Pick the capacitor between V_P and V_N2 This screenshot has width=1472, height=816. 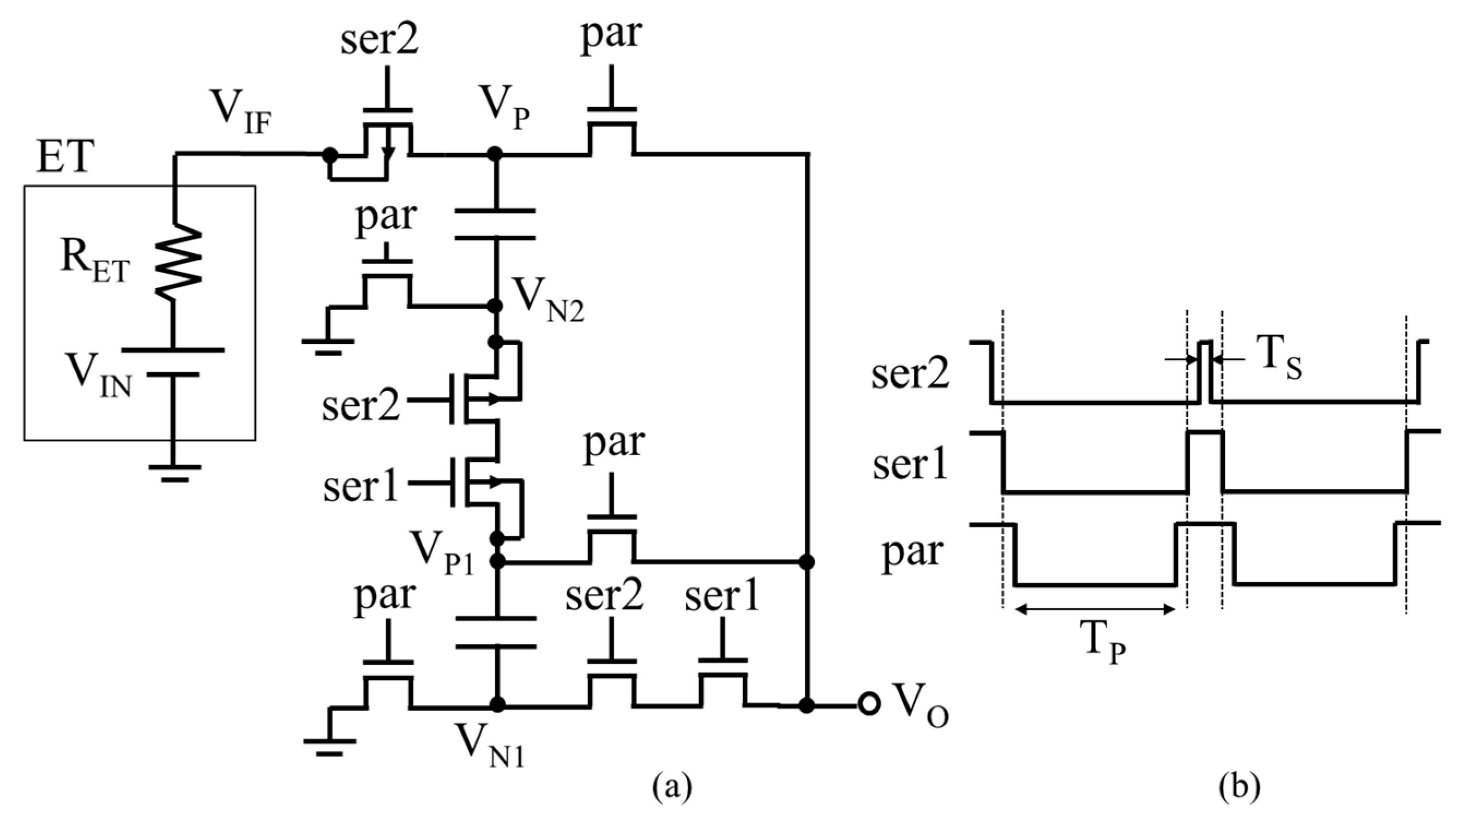pos(496,224)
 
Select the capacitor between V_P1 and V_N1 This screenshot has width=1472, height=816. pos(496,632)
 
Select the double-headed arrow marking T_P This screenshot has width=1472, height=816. pos(1094,610)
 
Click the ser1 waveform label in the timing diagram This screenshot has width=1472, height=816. pos(910,464)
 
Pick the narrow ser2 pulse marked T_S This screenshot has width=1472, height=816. pos(1205,372)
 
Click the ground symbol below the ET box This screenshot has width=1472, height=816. pos(175,472)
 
